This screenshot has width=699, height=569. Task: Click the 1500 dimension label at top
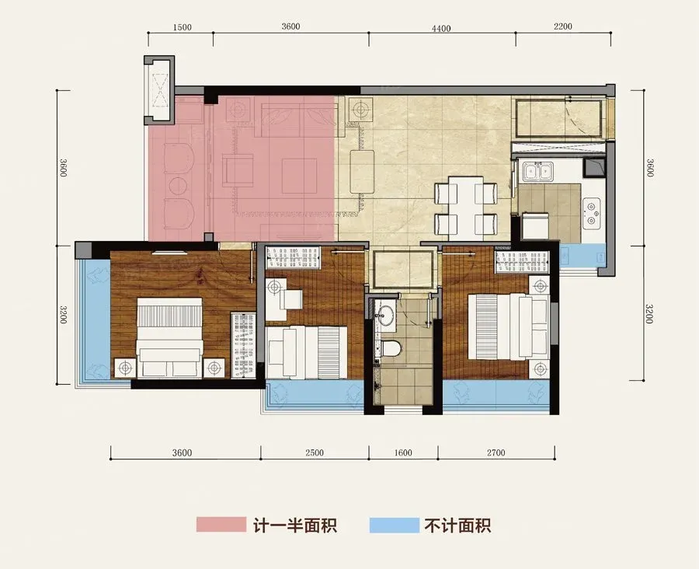pyautogui.click(x=182, y=27)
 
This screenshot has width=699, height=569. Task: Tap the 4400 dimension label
pyautogui.click(x=441, y=29)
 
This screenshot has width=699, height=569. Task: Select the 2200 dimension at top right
pyautogui.click(x=562, y=26)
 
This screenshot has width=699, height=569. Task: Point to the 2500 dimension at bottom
pyautogui.click(x=315, y=452)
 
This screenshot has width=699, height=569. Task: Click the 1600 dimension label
pyautogui.click(x=403, y=452)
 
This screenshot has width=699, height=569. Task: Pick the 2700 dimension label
pyautogui.click(x=496, y=452)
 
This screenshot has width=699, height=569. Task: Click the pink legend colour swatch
pyautogui.click(x=221, y=525)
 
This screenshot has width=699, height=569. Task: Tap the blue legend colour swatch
pyautogui.click(x=394, y=525)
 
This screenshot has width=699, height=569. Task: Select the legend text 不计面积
pyautogui.click(x=457, y=525)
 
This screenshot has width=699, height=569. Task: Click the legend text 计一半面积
pyautogui.click(x=295, y=525)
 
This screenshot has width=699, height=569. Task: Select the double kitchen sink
pyautogui.click(x=538, y=171)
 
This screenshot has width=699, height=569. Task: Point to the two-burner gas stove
pyautogui.click(x=591, y=213)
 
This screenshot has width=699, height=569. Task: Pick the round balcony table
pyautogui.click(x=178, y=187)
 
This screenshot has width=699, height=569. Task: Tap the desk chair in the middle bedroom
pyautogui.click(x=291, y=299)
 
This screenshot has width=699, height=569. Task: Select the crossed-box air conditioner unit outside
pyautogui.click(x=159, y=91)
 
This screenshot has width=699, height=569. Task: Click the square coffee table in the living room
pyautogui.click(x=299, y=176)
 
